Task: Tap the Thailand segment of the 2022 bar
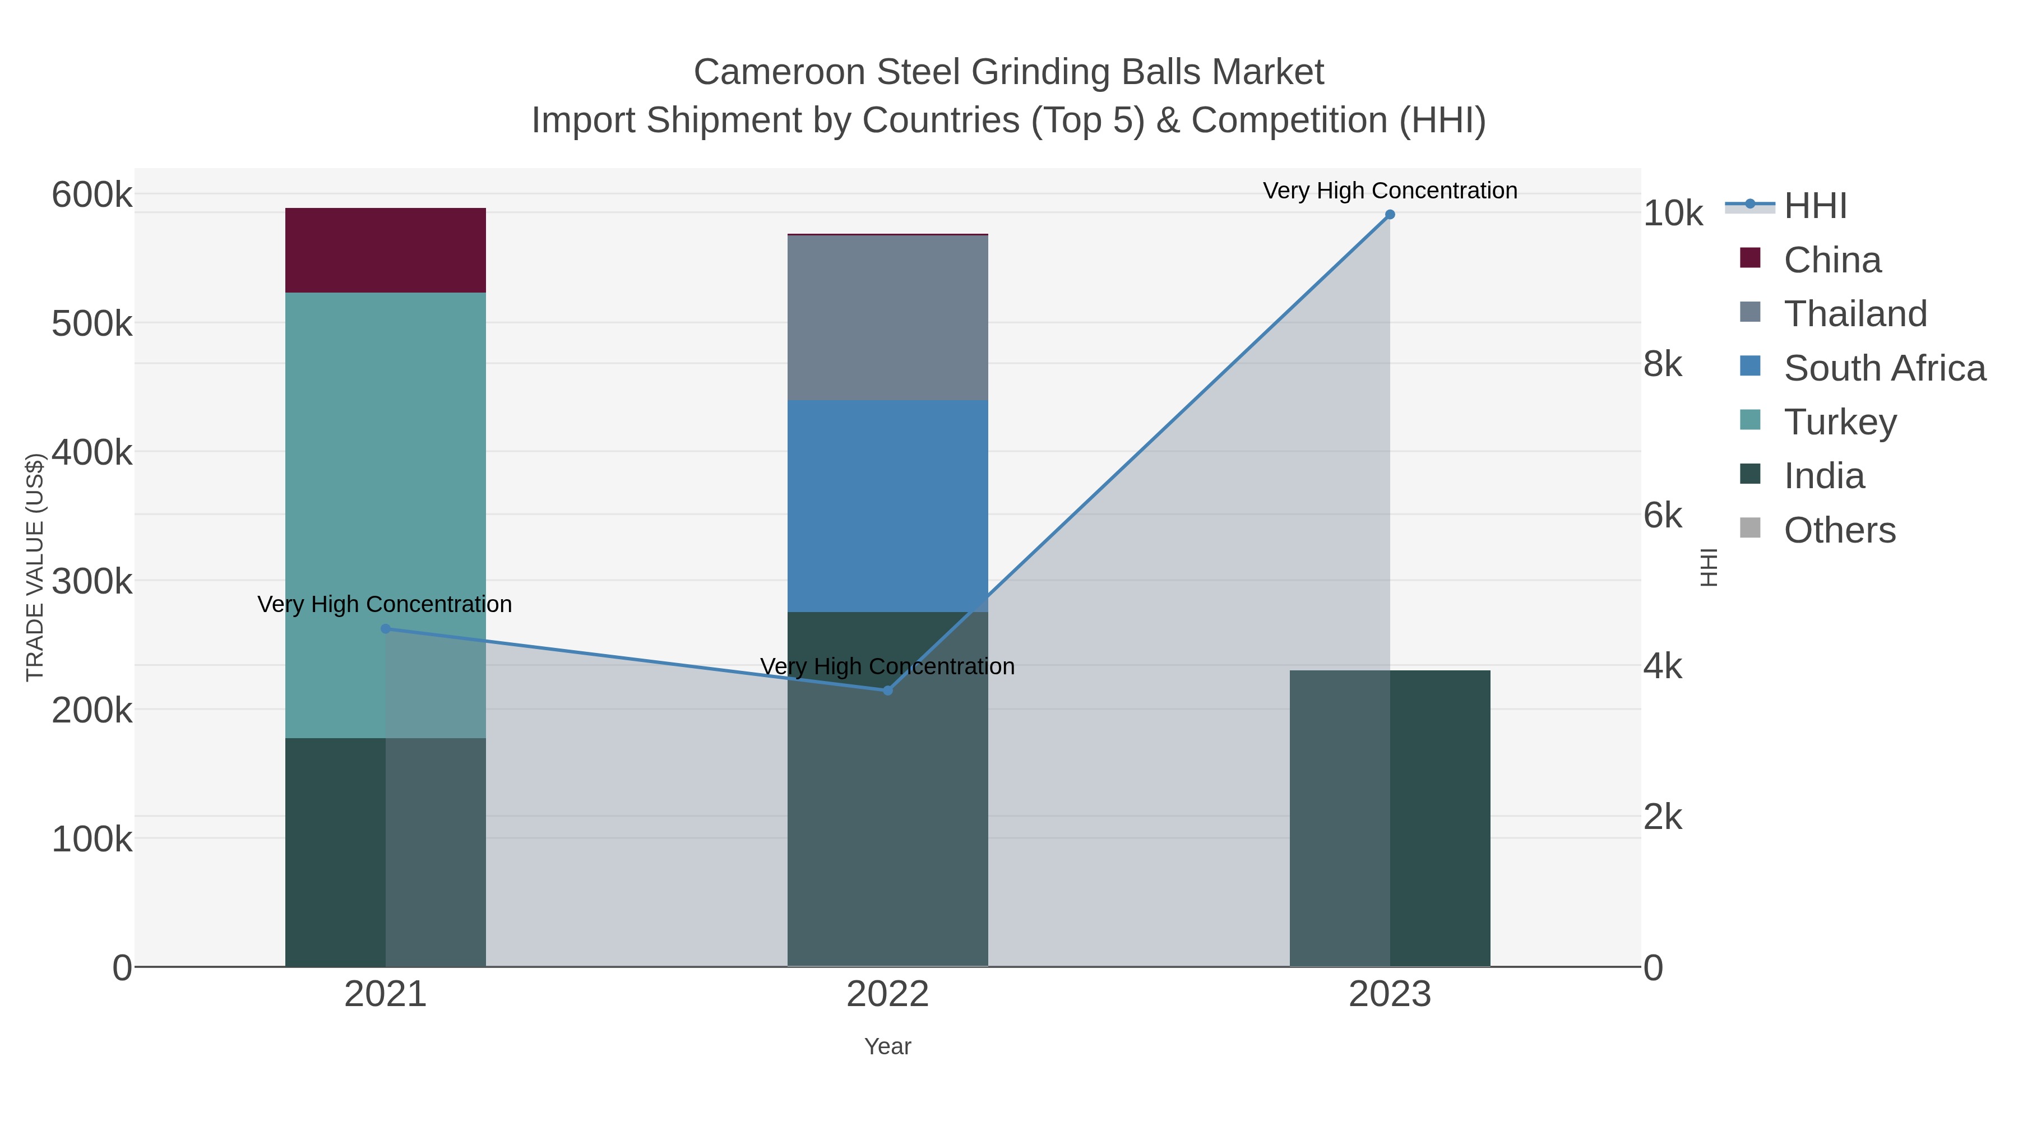click(x=887, y=317)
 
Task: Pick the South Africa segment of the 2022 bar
click(x=887, y=505)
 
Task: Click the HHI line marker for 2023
click(x=1390, y=214)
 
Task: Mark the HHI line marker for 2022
click(x=887, y=690)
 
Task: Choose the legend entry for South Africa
click(x=1884, y=368)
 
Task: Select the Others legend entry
click(x=1839, y=530)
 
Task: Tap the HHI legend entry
click(x=1815, y=206)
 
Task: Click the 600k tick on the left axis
click(x=92, y=194)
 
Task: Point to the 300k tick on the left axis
click(x=92, y=581)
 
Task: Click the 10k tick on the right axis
click(x=1673, y=214)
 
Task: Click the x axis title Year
click(x=887, y=1046)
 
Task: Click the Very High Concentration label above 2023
click(x=1390, y=191)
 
